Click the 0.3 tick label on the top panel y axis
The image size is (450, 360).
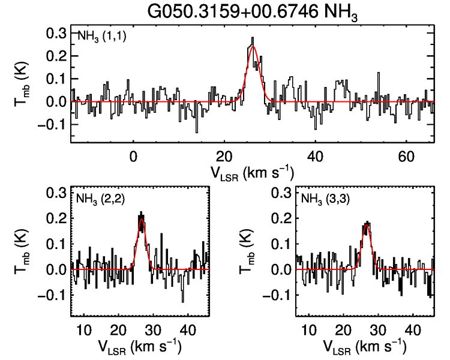click(56, 33)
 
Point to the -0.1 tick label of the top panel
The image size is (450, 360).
click(52, 125)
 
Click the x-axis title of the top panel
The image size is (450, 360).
click(251, 173)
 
